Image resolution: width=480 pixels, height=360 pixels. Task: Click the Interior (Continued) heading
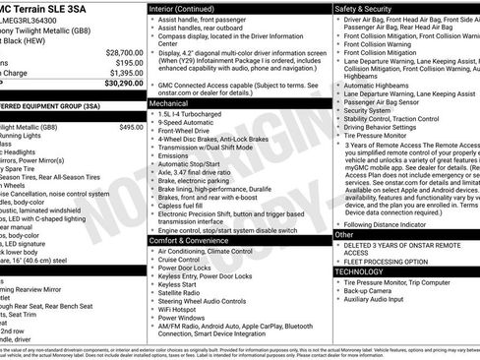coord(184,8)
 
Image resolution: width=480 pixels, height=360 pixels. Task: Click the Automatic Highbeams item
coord(379,86)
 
